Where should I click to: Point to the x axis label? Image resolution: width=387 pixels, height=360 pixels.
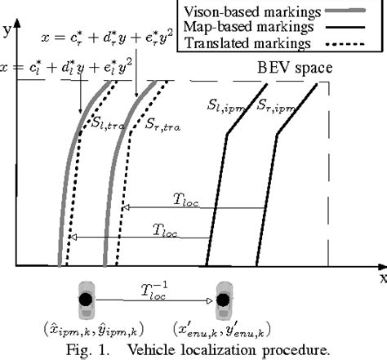[x=380, y=278]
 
